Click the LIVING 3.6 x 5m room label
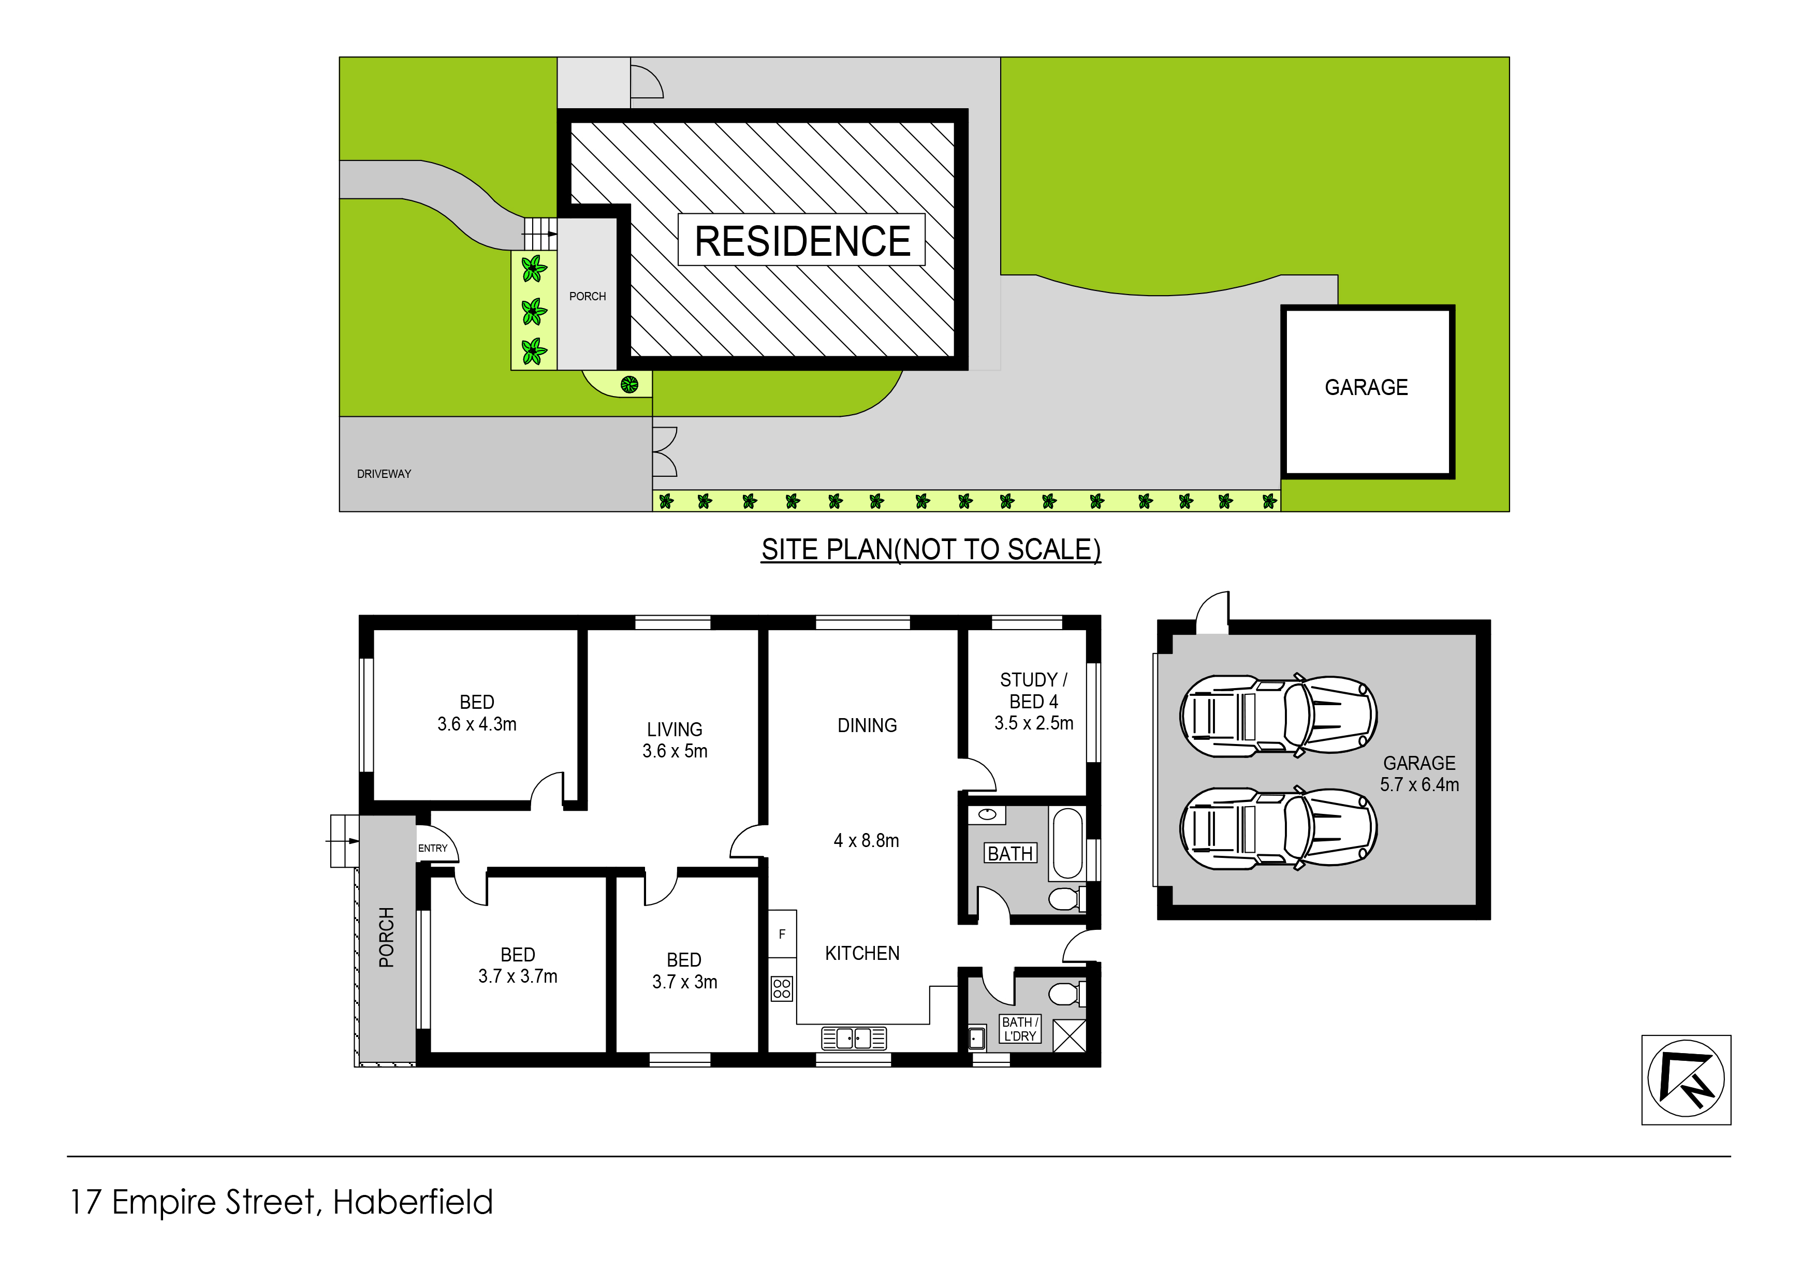click(x=675, y=740)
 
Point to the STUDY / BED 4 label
click(x=1034, y=691)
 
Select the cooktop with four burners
click(x=782, y=988)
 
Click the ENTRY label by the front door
click(x=433, y=848)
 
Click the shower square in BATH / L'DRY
click(x=1070, y=1035)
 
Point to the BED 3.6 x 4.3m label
click(x=477, y=713)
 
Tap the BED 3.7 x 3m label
click(x=684, y=971)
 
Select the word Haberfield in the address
click(x=413, y=1202)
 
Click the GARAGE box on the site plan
click(x=1368, y=391)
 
